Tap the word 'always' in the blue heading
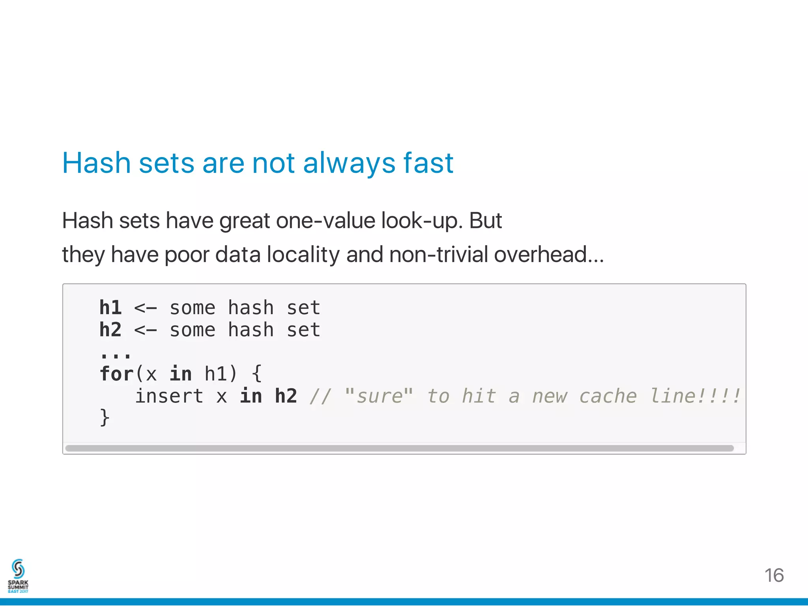(x=349, y=163)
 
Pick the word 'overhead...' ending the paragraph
(x=549, y=254)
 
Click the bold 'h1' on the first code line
(x=110, y=307)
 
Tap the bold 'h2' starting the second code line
(x=110, y=330)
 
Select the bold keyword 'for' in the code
(x=116, y=373)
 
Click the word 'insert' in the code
(x=169, y=396)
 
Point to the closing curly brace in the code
(x=105, y=418)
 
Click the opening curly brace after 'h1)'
(x=257, y=373)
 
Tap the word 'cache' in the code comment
(x=608, y=396)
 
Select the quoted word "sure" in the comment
(x=379, y=396)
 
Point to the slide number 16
(x=774, y=575)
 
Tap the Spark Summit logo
(x=18, y=575)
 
